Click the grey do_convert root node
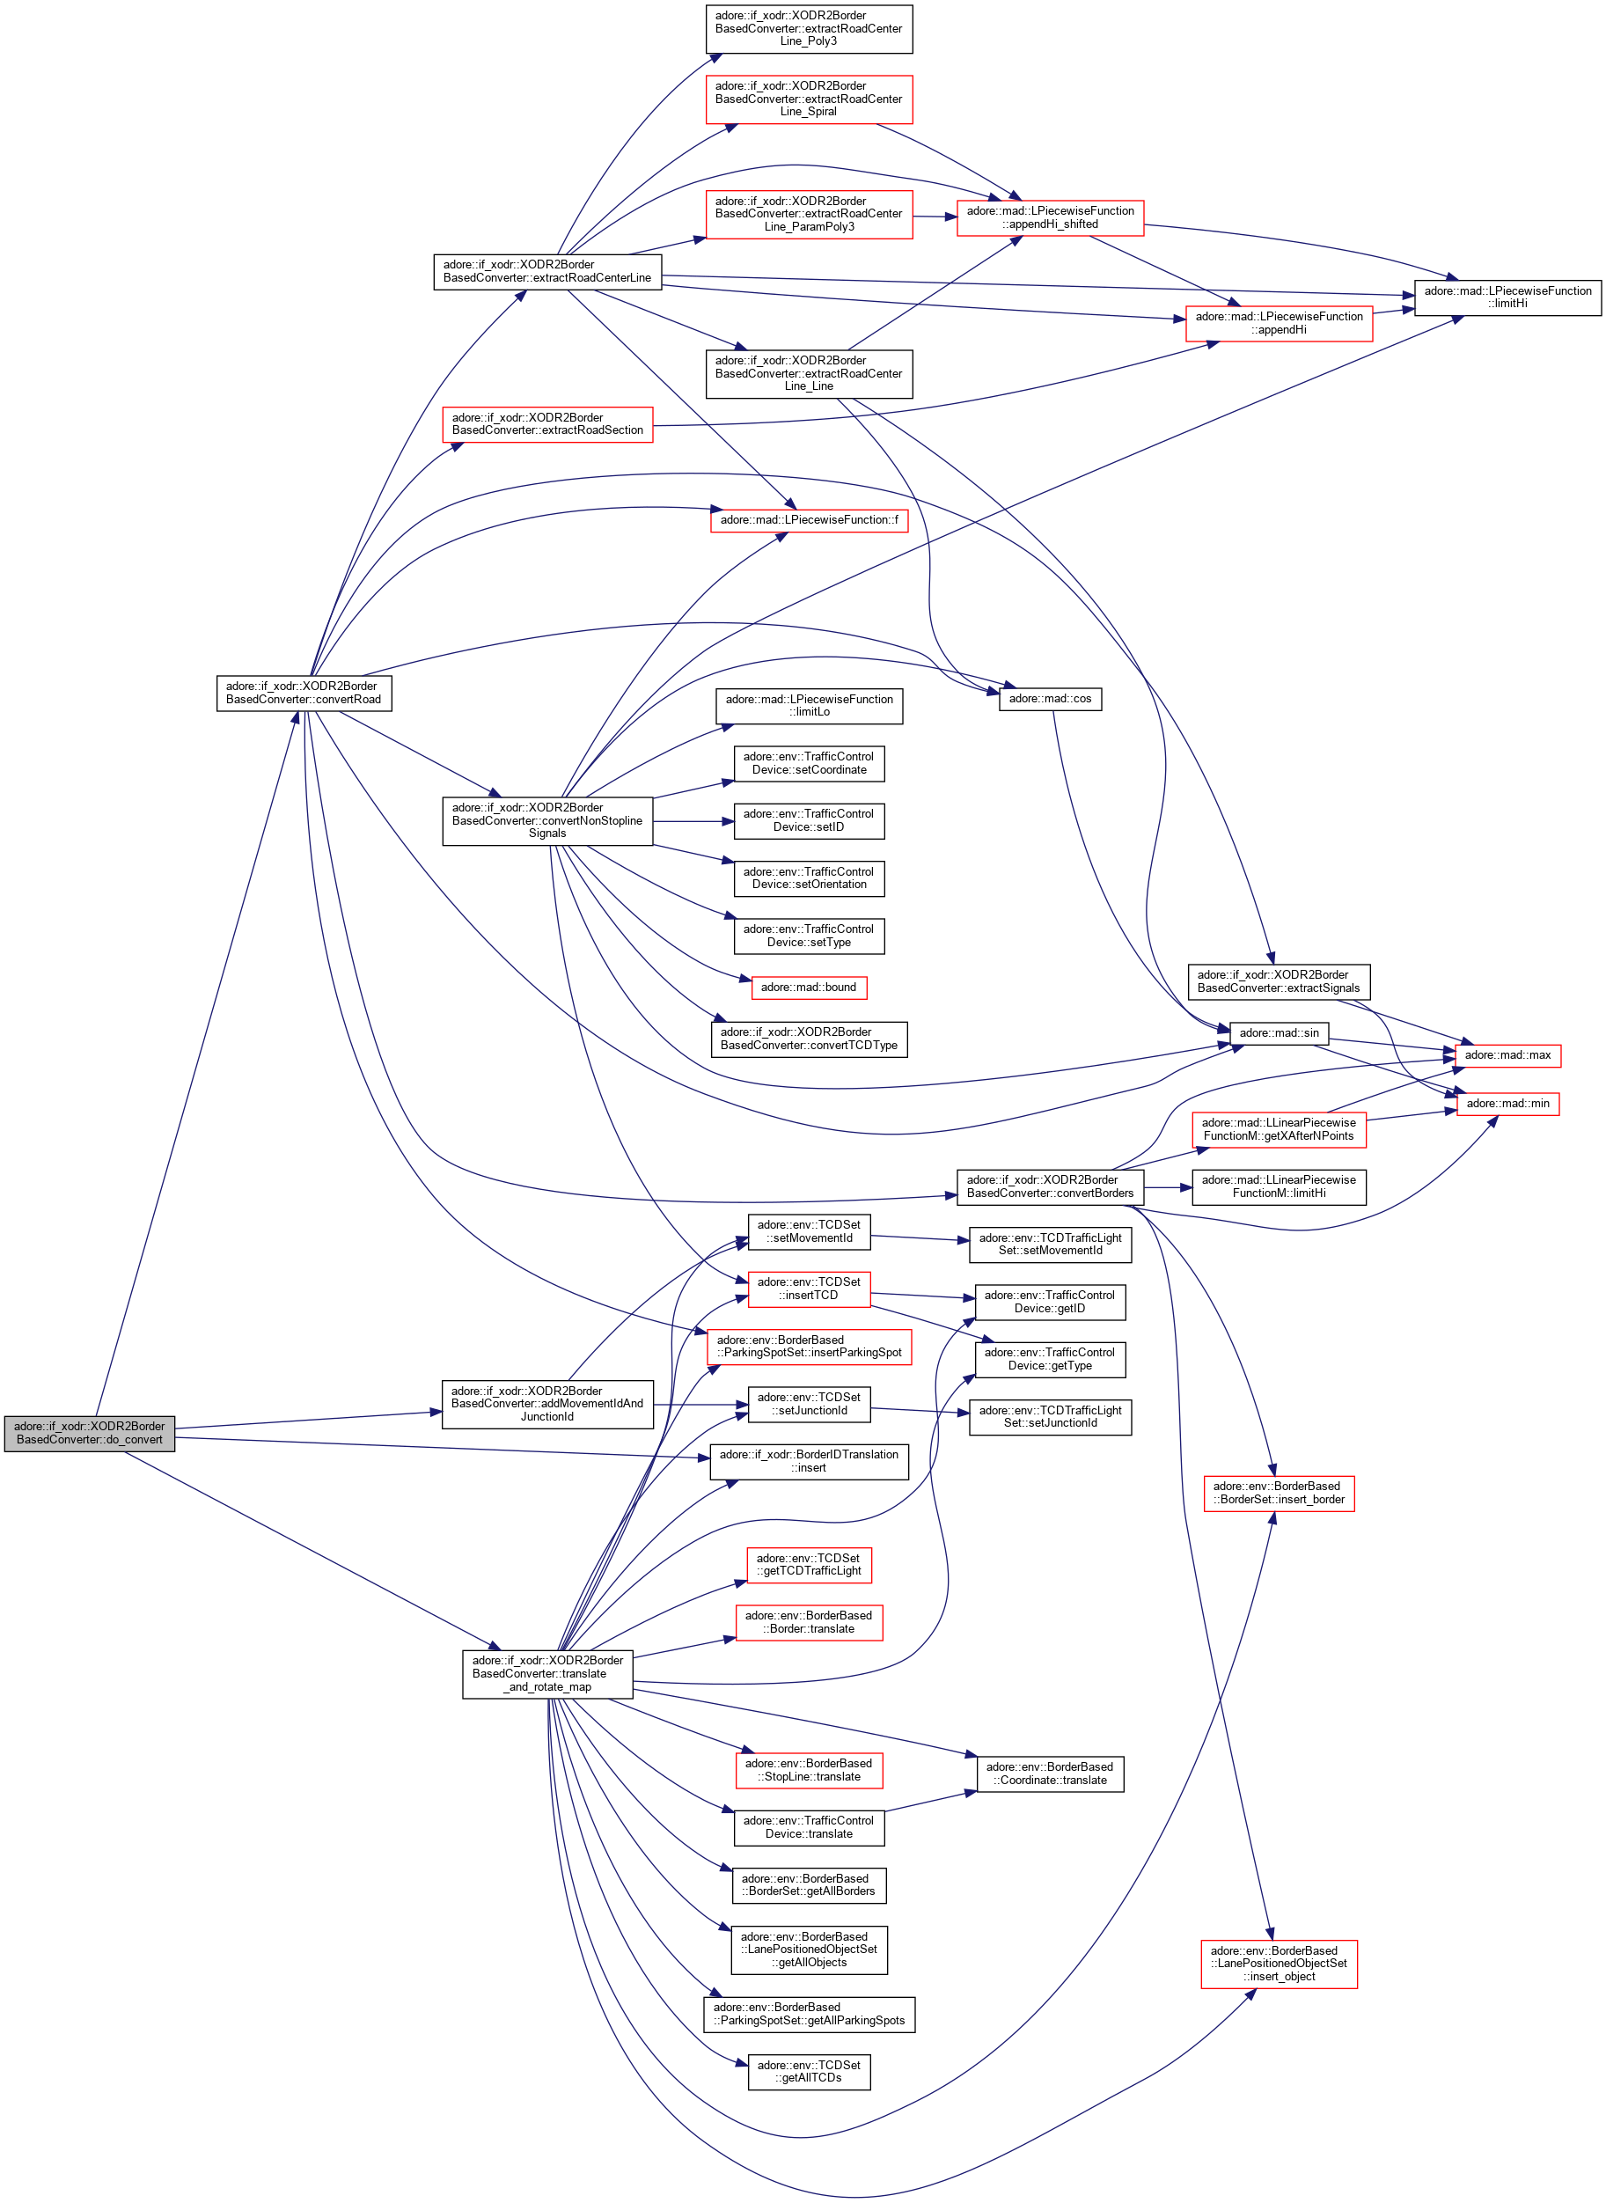click(90, 1433)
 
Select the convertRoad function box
click(304, 692)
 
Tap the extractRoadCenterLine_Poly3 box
click(809, 28)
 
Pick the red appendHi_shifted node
click(1050, 217)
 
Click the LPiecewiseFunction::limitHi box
click(1507, 297)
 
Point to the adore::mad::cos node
click(1050, 698)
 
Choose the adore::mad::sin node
click(1279, 1032)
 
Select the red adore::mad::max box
click(1507, 1054)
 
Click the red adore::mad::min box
click(1507, 1104)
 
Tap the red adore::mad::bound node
click(808, 987)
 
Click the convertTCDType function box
click(809, 1039)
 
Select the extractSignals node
click(1279, 981)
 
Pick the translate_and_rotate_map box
click(547, 1673)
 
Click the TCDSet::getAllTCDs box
click(809, 2071)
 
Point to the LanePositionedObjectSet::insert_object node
click(1279, 1963)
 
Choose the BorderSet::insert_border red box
click(1279, 1493)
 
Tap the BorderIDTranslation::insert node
click(809, 1461)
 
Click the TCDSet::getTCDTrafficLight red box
click(809, 1564)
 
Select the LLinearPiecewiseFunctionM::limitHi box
click(1279, 1186)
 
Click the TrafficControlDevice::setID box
click(809, 820)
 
